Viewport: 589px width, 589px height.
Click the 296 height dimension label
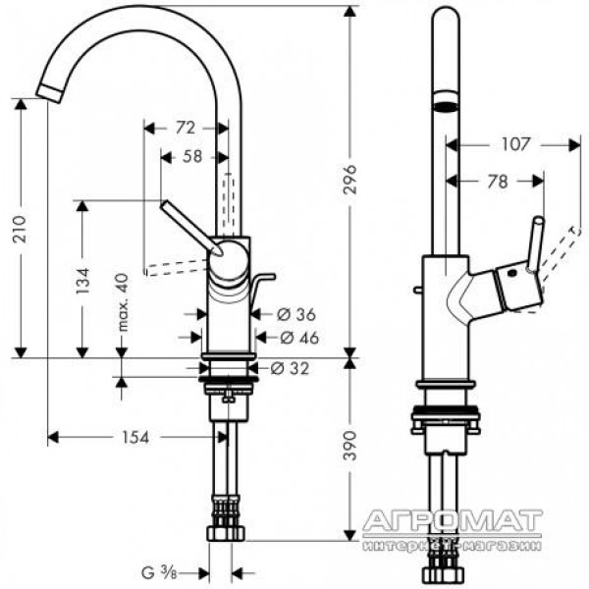pyautogui.click(x=349, y=180)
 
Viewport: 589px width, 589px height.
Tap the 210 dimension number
pyautogui.click(x=20, y=229)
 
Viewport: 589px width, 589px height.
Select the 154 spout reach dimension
pyautogui.click(x=135, y=437)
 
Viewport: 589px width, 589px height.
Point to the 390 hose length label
pyautogui.click(x=349, y=446)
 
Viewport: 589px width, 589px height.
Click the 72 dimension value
pyautogui.click(x=186, y=128)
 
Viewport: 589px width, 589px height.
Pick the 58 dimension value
pyautogui.click(x=192, y=157)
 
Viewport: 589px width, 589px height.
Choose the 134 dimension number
pyautogui.click(x=82, y=281)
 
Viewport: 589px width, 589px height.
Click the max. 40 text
pyautogui.click(x=123, y=302)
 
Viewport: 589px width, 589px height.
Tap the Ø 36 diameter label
pyautogui.click(x=296, y=314)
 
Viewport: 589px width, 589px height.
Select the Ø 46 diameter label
pyautogui.click(x=299, y=338)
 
